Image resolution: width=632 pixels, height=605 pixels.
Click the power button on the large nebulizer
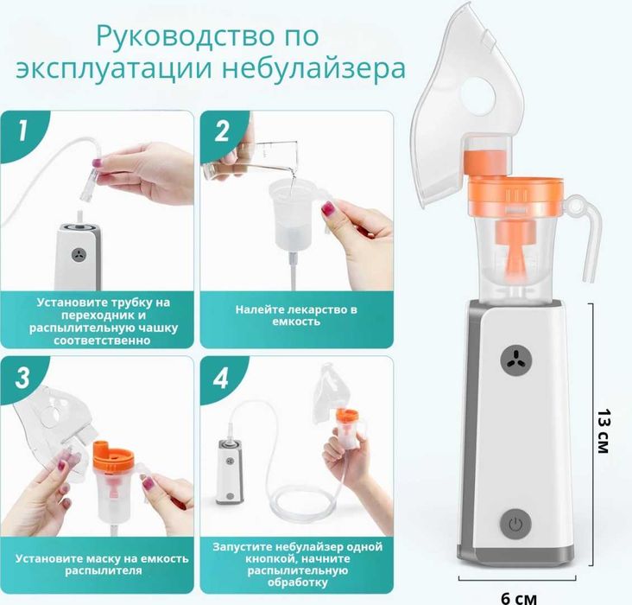[515, 524]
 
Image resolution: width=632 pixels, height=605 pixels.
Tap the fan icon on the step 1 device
[78, 256]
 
